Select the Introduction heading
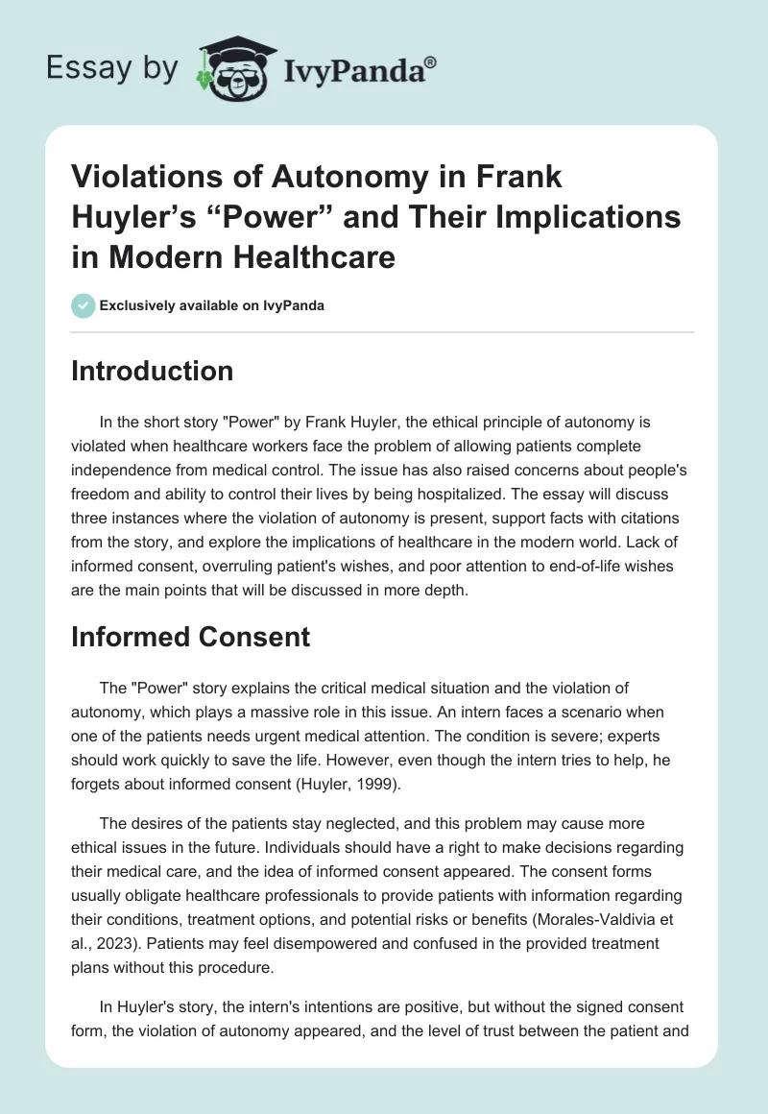point(152,371)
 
